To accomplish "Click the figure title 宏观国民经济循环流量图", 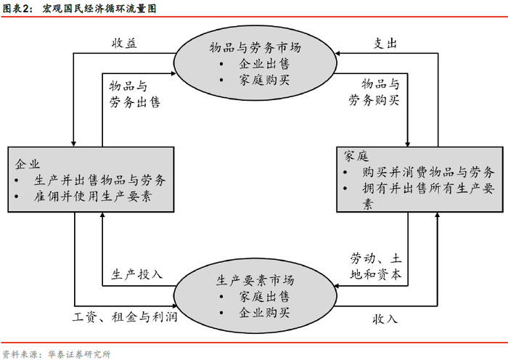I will [x=99, y=9].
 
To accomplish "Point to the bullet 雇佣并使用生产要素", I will [x=93, y=196].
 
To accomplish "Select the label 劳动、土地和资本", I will [x=377, y=266].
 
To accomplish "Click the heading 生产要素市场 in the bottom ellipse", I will [x=255, y=280].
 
